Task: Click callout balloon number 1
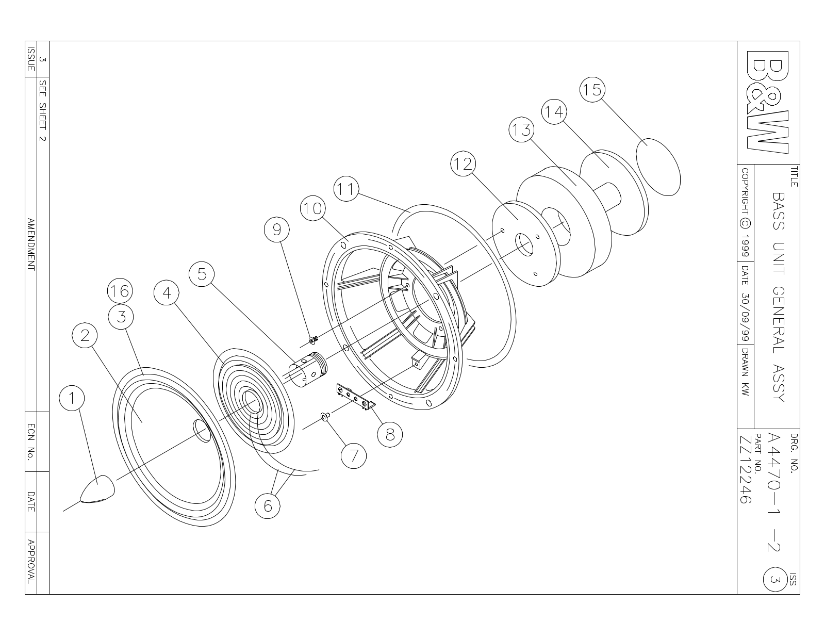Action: (72, 398)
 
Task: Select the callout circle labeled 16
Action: (120, 291)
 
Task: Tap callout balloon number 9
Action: (277, 230)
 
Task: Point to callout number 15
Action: (592, 90)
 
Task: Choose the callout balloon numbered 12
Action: (463, 163)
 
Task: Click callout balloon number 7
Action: (354, 456)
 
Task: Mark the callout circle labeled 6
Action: (268, 506)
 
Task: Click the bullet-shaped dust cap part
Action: (97, 489)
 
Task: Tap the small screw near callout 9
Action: (313, 340)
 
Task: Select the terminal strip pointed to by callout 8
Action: (355, 397)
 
